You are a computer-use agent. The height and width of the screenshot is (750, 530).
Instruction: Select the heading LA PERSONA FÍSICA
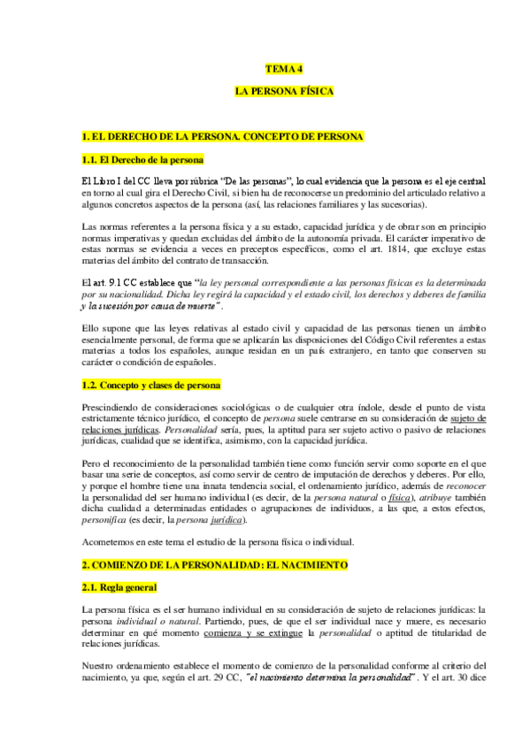[283, 91]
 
